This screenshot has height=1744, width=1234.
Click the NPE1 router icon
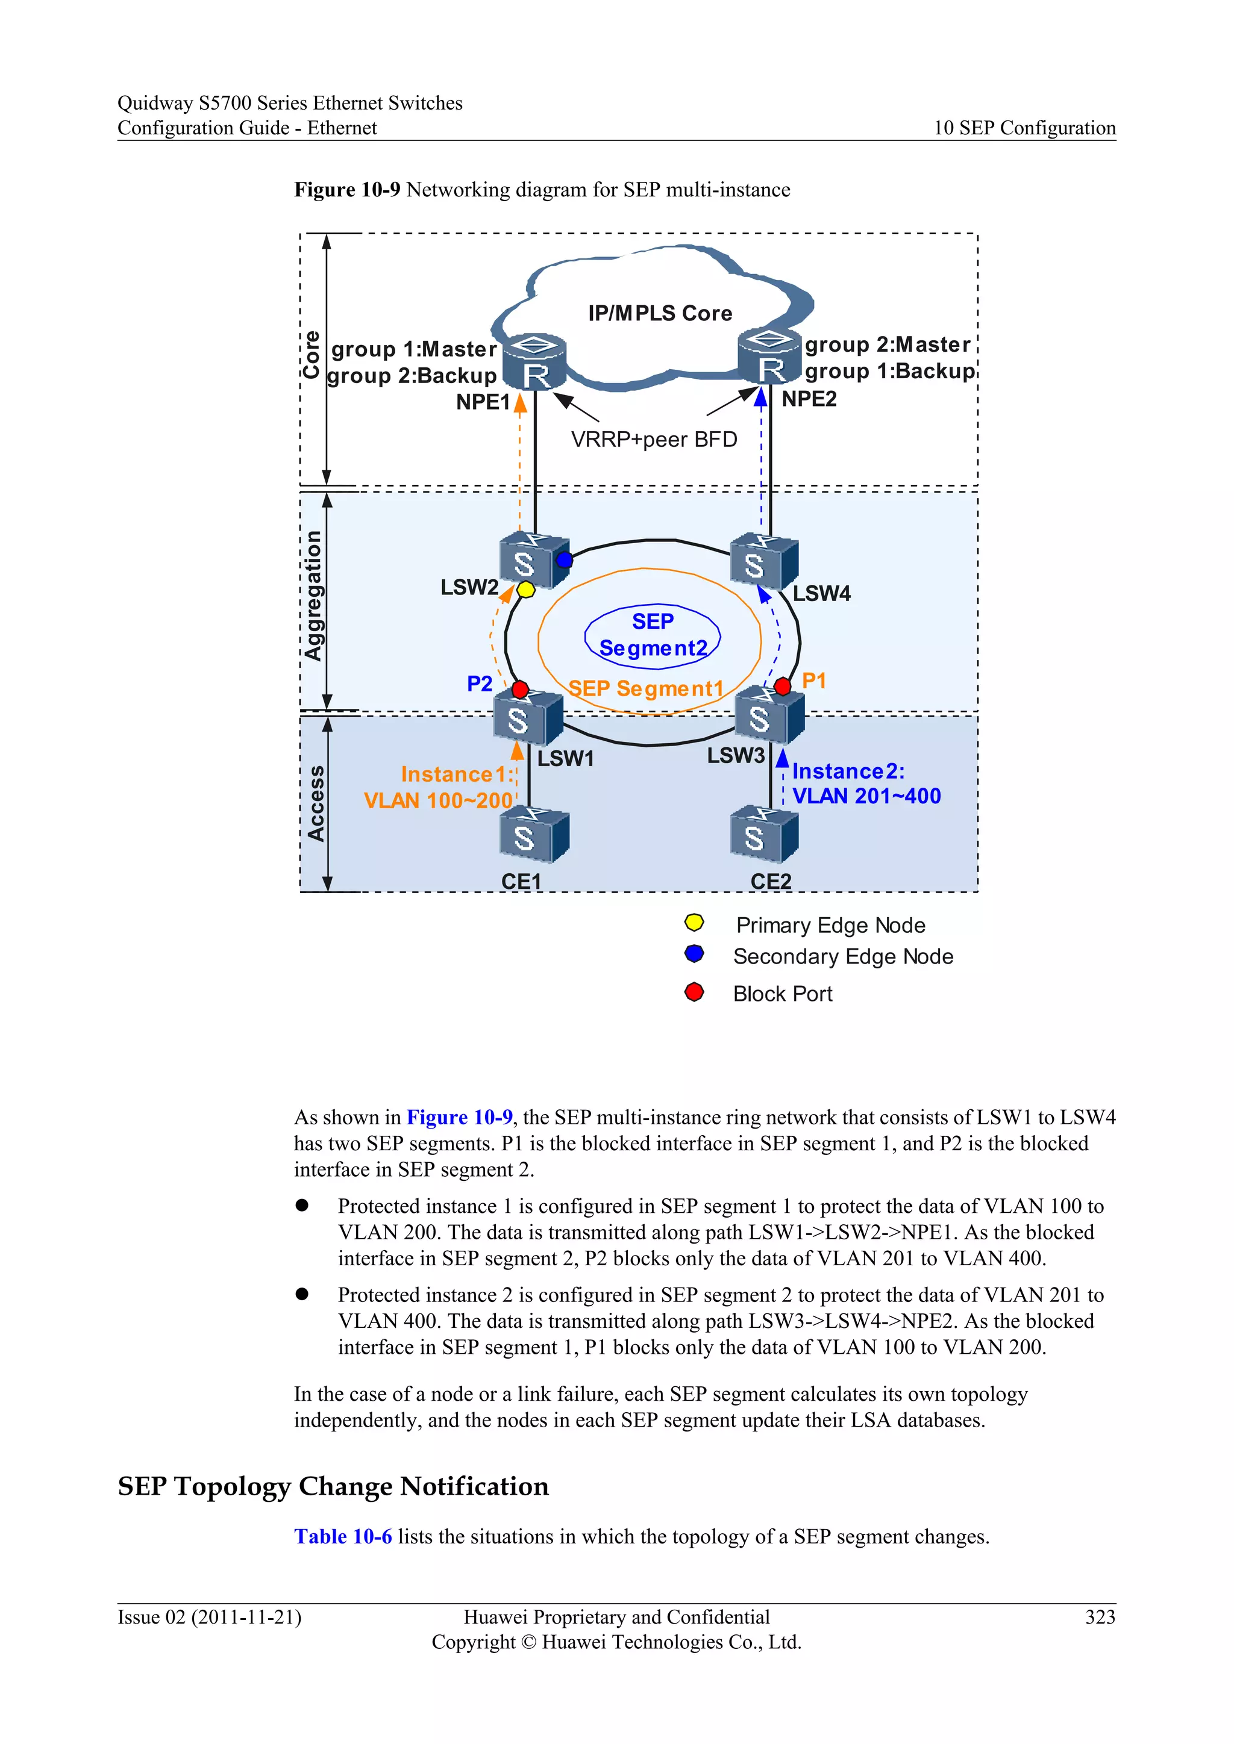pos(535,363)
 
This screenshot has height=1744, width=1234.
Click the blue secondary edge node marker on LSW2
pos(564,560)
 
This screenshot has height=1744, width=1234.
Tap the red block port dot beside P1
pos(782,687)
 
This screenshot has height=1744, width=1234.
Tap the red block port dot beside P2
pos(520,689)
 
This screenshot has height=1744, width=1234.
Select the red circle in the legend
pos(694,992)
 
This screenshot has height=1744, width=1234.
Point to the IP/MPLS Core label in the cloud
pos(660,313)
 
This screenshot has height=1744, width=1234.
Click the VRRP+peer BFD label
pos(654,440)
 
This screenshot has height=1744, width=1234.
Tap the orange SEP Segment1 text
pos(646,688)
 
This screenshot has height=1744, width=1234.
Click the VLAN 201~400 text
pos(866,796)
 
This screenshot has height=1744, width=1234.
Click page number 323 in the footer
pos(1100,1616)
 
